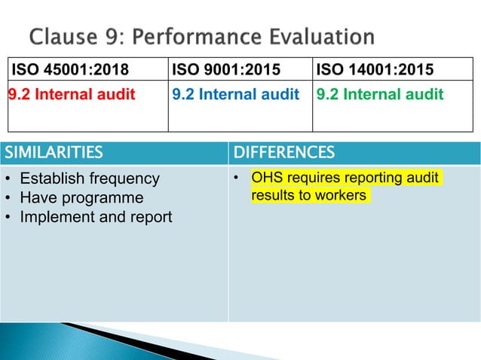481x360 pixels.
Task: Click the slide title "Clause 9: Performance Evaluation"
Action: tap(201, 36)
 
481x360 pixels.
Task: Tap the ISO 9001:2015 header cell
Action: tap(225, 71)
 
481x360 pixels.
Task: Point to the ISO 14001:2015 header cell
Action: tap(375, 71)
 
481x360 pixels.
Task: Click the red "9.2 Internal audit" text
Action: tap(72, 95)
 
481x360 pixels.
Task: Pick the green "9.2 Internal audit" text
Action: tap(380, 95)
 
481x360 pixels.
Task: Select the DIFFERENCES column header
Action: tap(284, 154)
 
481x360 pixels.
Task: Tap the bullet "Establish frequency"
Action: tap(90, 178)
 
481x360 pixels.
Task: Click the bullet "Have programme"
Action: tap(81, 197)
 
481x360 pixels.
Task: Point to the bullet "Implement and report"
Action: tap(96, 217)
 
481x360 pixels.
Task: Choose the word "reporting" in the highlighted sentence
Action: tap(365, 178)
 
